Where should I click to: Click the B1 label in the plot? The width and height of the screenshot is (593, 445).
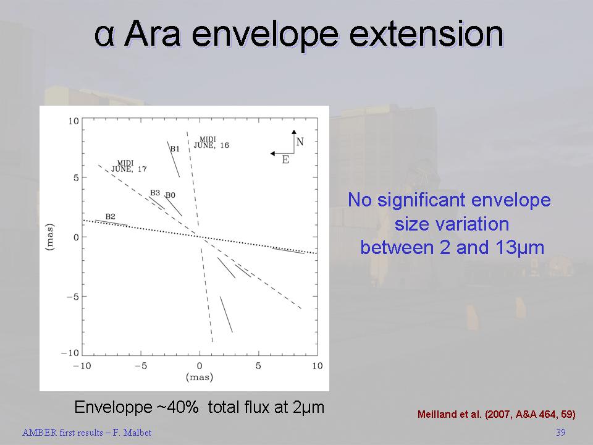(175, 149)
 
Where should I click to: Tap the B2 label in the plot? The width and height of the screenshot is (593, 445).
(110, 216)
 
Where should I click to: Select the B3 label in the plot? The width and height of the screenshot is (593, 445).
(155, 193)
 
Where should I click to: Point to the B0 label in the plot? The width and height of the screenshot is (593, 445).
(170, 195)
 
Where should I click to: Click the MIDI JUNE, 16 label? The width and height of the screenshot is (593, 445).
(211, 142)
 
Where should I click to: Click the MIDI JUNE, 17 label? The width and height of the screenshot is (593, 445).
(128, 166)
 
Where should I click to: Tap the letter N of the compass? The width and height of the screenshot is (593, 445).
(300, 142)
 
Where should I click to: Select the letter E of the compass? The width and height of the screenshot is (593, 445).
(285, 160)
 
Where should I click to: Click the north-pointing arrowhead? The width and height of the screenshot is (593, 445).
(294, 132)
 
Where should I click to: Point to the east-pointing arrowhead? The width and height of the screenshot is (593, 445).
(272, 153)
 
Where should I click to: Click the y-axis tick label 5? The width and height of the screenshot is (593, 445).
(76, 178)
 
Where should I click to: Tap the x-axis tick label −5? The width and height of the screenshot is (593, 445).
(141, 366)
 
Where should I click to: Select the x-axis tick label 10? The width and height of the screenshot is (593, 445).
(318, 366)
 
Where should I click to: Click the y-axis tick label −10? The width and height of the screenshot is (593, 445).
(70, 353)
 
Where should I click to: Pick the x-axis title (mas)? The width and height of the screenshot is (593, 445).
(200, 377)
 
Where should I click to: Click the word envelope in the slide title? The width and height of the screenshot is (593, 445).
(265, 35)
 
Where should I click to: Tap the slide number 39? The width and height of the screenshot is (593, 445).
(561, 432)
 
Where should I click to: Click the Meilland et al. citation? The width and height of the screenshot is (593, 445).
(497, 414)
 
